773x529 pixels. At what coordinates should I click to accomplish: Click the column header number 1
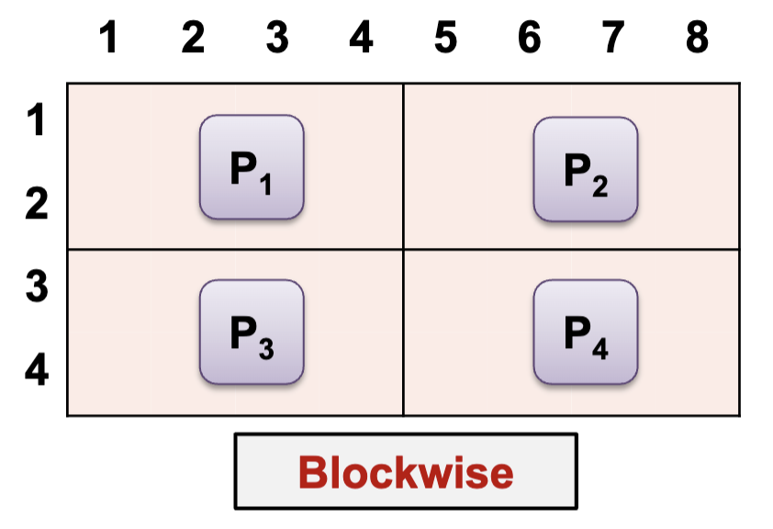109,39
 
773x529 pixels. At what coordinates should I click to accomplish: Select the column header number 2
193,39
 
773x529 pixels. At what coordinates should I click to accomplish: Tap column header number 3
277,39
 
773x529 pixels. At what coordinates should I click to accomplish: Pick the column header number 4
362,39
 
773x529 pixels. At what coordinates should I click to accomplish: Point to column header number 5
445,39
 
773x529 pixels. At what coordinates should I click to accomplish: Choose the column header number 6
530,39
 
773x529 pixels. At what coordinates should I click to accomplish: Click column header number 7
613,39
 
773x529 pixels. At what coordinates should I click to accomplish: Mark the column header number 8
697,39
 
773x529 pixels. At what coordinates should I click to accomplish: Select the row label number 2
36,205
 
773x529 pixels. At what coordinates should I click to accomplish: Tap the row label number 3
36,287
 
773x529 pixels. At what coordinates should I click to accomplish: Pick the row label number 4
36,373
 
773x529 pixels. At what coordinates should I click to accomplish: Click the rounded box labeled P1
252,167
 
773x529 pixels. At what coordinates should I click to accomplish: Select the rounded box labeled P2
586,169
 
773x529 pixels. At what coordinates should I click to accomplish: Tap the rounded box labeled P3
252,332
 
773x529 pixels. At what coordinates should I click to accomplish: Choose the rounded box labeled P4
586,332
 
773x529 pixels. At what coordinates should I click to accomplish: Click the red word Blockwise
406,472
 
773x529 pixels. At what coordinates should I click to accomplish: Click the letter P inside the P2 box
576,167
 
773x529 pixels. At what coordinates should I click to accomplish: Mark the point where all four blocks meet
403,249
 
